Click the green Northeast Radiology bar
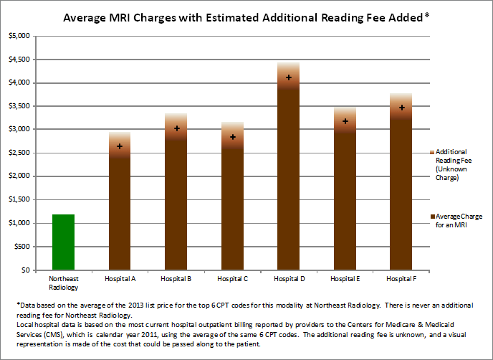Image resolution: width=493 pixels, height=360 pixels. pos(63,242)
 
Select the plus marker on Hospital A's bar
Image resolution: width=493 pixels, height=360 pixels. pos(120,146)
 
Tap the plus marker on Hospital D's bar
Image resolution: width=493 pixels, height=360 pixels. pos(289,77)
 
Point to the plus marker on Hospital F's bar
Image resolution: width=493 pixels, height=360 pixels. pos(402,108)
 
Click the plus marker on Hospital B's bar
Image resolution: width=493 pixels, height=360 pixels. pos(176,128)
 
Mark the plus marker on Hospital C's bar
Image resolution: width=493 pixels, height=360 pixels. pos(233,137)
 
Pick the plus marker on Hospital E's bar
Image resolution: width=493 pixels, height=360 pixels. pos(345,121)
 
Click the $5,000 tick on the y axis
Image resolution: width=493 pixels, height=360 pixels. pos(19,36)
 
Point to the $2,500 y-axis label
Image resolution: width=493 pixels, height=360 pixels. pos(19,153)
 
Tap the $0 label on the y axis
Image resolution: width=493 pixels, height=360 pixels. pos(24,270)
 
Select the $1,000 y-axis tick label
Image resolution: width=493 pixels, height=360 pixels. pos(19,223)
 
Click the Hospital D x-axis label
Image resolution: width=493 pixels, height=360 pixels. pos(289,278)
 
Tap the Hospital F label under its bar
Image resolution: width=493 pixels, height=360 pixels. pos(402,278)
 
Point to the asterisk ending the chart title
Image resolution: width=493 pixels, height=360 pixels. pos(427,14)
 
